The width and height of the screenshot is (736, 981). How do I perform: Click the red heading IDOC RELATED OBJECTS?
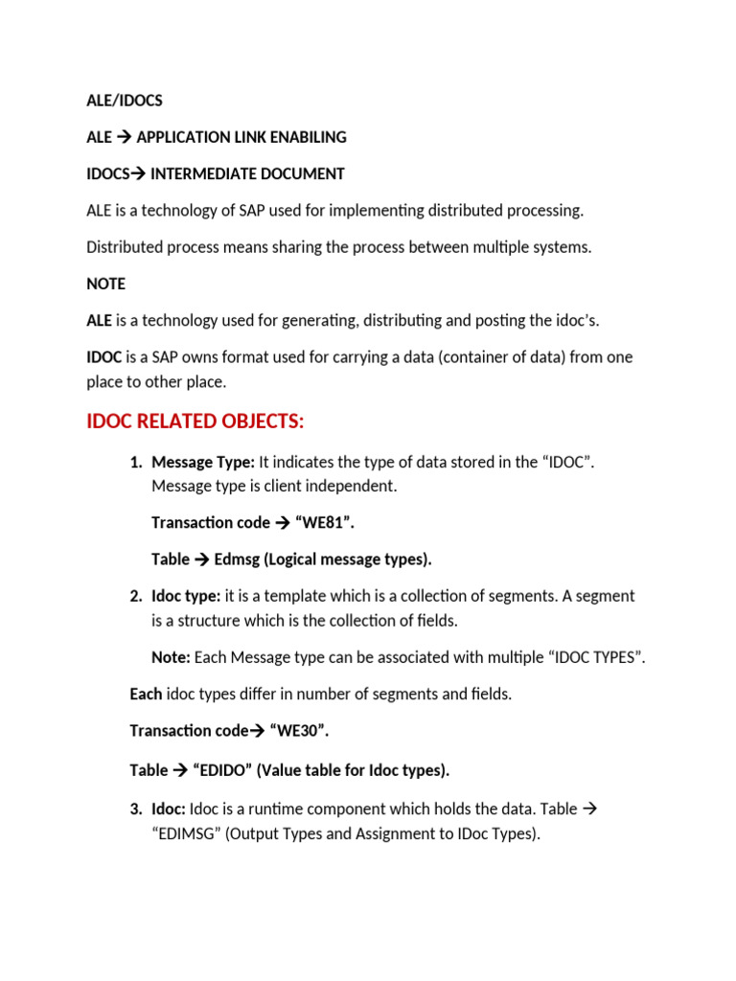coord(195,422)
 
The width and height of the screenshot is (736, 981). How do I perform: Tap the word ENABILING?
coord(308,137)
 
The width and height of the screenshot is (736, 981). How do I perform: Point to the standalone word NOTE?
coord(105,285)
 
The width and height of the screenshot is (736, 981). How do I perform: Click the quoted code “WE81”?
coord(331,522)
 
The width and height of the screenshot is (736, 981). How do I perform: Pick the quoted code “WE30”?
coord(300,731)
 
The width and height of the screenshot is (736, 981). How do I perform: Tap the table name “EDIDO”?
coord(223,770)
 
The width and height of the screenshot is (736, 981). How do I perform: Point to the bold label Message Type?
coord(203,462)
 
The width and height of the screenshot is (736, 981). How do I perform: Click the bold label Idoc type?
coord(186,596)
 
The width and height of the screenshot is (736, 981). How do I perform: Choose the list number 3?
coord(135,810)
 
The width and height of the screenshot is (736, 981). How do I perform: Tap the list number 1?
coord(135,462)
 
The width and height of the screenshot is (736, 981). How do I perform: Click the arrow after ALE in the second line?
coord(125,137)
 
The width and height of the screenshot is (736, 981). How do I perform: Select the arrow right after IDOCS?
coord(138,173)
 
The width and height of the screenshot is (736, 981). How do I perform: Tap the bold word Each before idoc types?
coord(146,694)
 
